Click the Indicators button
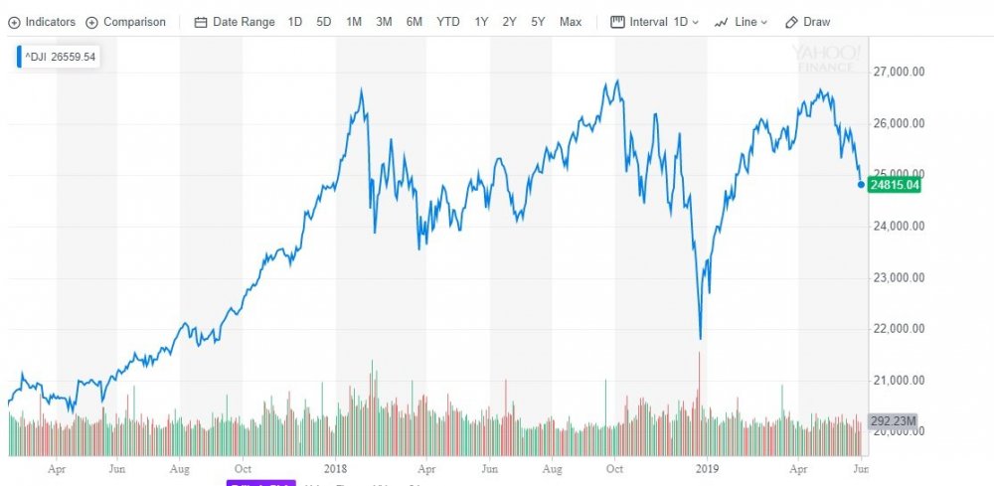tap(42, 22)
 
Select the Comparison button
tap(126, 22)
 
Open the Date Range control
tap(236, 22)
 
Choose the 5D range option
tap(324, 22)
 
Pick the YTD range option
tap(447, 22)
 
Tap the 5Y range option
tap(538, 22)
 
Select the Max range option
tap(571, 22)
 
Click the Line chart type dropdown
tap(742, 22)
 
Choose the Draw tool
tap(807, 22)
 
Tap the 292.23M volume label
tap(892, 419)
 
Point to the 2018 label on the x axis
tap(336, 465)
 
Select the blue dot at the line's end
tap(861, 184)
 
